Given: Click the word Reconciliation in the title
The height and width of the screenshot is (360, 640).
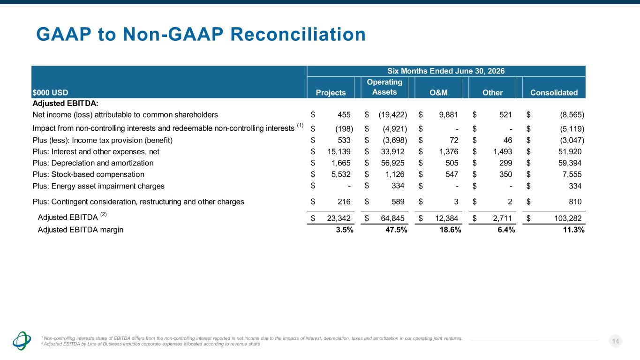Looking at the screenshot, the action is coord(298,34).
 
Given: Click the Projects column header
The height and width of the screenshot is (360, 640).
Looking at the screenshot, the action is coord(331,92).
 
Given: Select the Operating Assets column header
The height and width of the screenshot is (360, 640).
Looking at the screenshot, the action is coord(384,87).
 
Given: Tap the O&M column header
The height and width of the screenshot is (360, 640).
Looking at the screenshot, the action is coord(438,92).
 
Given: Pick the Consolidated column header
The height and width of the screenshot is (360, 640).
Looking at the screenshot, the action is coord(554,92).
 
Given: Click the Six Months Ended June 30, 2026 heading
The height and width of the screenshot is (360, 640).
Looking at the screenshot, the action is coord(446,71).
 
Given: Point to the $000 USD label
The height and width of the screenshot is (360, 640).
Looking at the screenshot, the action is coord(50,92).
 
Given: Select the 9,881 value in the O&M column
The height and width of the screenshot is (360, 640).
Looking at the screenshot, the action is coord(448,114).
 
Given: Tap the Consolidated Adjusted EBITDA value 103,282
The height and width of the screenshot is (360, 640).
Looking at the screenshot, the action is coord(568,218).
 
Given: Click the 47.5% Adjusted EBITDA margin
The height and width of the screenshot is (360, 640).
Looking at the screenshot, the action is coord(396,230).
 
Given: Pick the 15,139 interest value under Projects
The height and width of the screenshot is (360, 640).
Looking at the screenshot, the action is coord(339,151).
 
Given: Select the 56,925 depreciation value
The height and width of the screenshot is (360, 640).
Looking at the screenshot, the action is coord(392,163).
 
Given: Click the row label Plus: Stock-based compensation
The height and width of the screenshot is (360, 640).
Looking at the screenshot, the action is coord(88,174).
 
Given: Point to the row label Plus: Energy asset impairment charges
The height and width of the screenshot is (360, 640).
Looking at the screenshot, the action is coord(98,186).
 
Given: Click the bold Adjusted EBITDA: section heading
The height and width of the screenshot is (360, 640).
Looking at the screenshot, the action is coord(66,103).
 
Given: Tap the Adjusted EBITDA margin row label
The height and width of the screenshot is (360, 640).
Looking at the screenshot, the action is coord(81,230).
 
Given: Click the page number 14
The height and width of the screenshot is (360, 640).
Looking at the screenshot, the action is coord(616,341).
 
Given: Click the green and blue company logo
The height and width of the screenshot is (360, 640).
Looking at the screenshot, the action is coord(22,341).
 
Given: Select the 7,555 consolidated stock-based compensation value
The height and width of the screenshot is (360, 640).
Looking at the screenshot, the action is coord(572,174).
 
